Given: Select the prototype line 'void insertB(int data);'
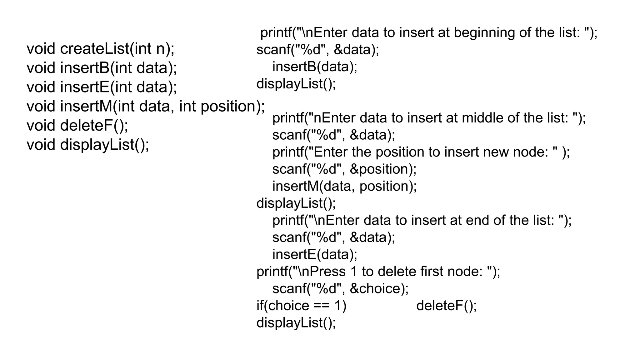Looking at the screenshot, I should (x=102, y=68).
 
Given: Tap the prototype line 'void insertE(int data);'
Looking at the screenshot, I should (x=102, y=87).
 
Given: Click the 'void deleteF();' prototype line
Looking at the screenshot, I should (x=77, y=126).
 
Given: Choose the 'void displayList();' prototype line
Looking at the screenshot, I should (x=88, y=145).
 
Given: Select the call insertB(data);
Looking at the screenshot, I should (x=315, y=67).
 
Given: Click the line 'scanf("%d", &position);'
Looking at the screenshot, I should (x=344, y=169).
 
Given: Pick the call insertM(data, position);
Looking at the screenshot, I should (x=344, y=186).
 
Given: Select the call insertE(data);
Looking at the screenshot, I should (x=315, y=254).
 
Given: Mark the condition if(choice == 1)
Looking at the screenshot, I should (x=301, y=306).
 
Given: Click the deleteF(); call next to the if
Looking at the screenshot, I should (x=446, y=306).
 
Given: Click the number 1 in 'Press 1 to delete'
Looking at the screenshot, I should (x=354, y=272).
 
